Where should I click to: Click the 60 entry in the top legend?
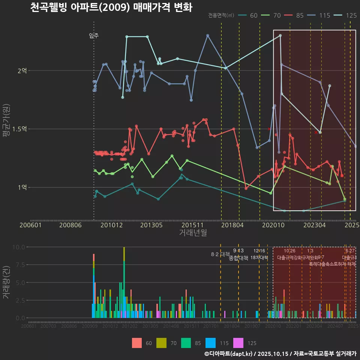tap(249, 15)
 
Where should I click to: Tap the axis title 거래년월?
tap(193, 233)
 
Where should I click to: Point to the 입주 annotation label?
tap(94, 36)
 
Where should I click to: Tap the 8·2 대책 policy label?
tap(220, 255)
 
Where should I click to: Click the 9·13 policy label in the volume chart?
tap(238, 250)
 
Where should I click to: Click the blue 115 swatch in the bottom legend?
tap(211, 343)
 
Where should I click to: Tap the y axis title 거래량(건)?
tap(6, 282)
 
